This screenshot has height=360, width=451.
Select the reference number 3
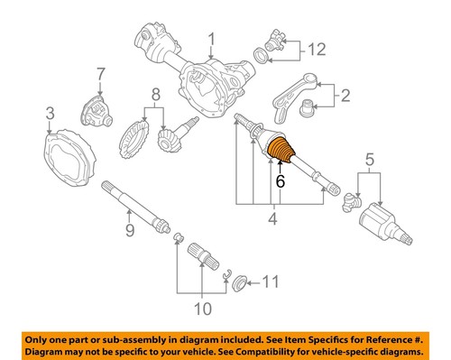pyautogui.click(x=51, y=112)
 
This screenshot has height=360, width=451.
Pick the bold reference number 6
pyautogui.click(x=281, y=180)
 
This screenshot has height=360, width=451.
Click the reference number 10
pyautogui.click(x=202, y=308)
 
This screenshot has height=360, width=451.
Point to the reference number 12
pyautogui.click(x=316, y=48)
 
